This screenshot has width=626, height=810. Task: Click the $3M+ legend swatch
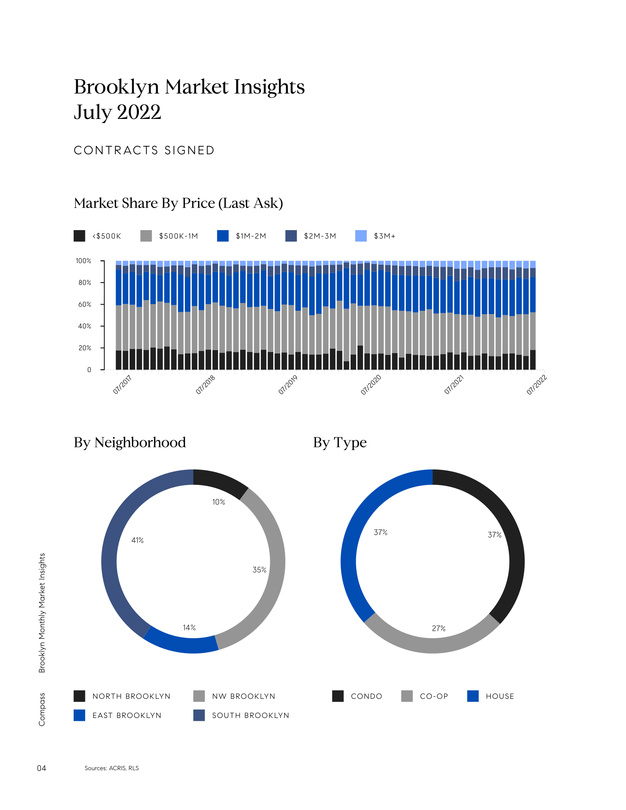point(361,236)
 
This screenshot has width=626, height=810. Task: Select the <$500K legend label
point(107,236)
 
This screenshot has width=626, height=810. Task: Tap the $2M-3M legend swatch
point(291,236)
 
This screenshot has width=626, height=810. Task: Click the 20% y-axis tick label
point(85,348)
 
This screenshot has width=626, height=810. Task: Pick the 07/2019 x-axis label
point(288,385)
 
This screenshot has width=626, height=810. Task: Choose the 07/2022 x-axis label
point(537,385)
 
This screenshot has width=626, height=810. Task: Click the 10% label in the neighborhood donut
point(218,502)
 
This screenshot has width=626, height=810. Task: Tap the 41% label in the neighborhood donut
point(138,540)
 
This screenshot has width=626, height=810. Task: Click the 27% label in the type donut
point(438,628)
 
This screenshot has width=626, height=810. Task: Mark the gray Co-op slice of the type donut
point(432,645)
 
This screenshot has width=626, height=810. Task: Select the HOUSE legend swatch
point(473,696)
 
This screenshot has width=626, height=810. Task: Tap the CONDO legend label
point(366,697)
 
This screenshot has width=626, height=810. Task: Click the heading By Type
point(340,443)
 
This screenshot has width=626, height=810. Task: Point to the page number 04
point(42,768)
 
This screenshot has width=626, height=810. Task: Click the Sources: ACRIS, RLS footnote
point(112,768)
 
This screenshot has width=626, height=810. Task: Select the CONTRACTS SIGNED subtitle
point(144,150)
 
